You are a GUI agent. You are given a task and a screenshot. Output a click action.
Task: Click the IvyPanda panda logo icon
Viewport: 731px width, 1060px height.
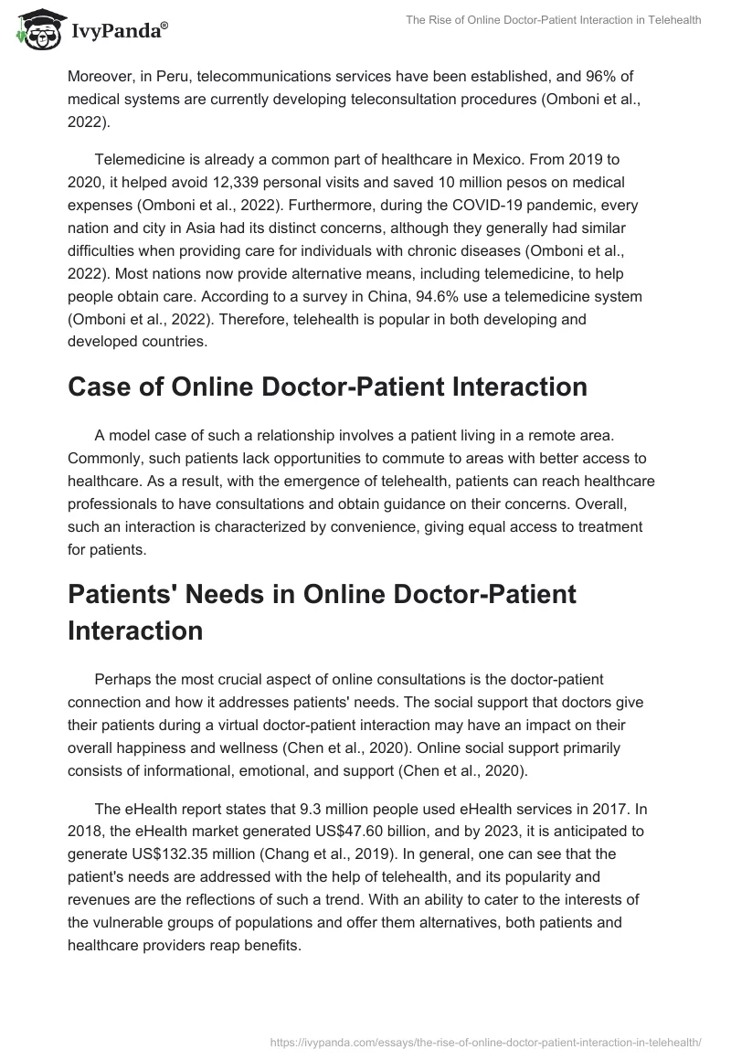tap(37, 29)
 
